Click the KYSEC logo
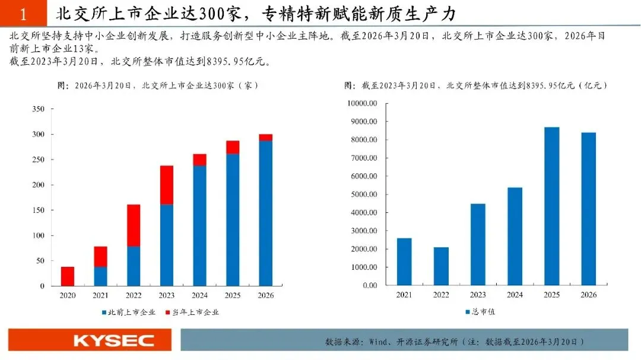pyautogui.click(x=113, y=340)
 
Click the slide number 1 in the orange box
pyautogui.click(x=23, y=15)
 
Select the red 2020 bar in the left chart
pyautogui.click(x=68, y=276)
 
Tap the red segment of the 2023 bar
pyautogui.click(x=166, y=185)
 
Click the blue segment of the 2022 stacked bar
pyautogui.click(x=134, y=266)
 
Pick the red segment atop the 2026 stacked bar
pyautogui.click(x=266, y=138)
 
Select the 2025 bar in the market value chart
pyautogui.click(x=551, y=206)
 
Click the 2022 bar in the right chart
pyautogui.click(x=441, y=266)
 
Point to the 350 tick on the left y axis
pyautogui.click(x=39, y=109)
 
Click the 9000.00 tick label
pyautogui.click(x=364, y=122)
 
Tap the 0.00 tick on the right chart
pyautogui.click(x=370, y=285)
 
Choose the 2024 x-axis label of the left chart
pyautogui.click(x=199, y=295)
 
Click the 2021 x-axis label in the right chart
pyautogui.click(x=404, y=295)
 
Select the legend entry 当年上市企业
pyautogui.click(x=192, y=312)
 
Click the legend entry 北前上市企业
pyautogui.click(x=129, y=312)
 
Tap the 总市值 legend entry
pyautogui.click(x=480, y=312)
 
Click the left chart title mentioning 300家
pyautogui.click(x=158, y=85)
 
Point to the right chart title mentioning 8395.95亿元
pyautogui.click(x=475, y=85)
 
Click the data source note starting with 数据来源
pyautogui.click(x=455, y=342)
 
